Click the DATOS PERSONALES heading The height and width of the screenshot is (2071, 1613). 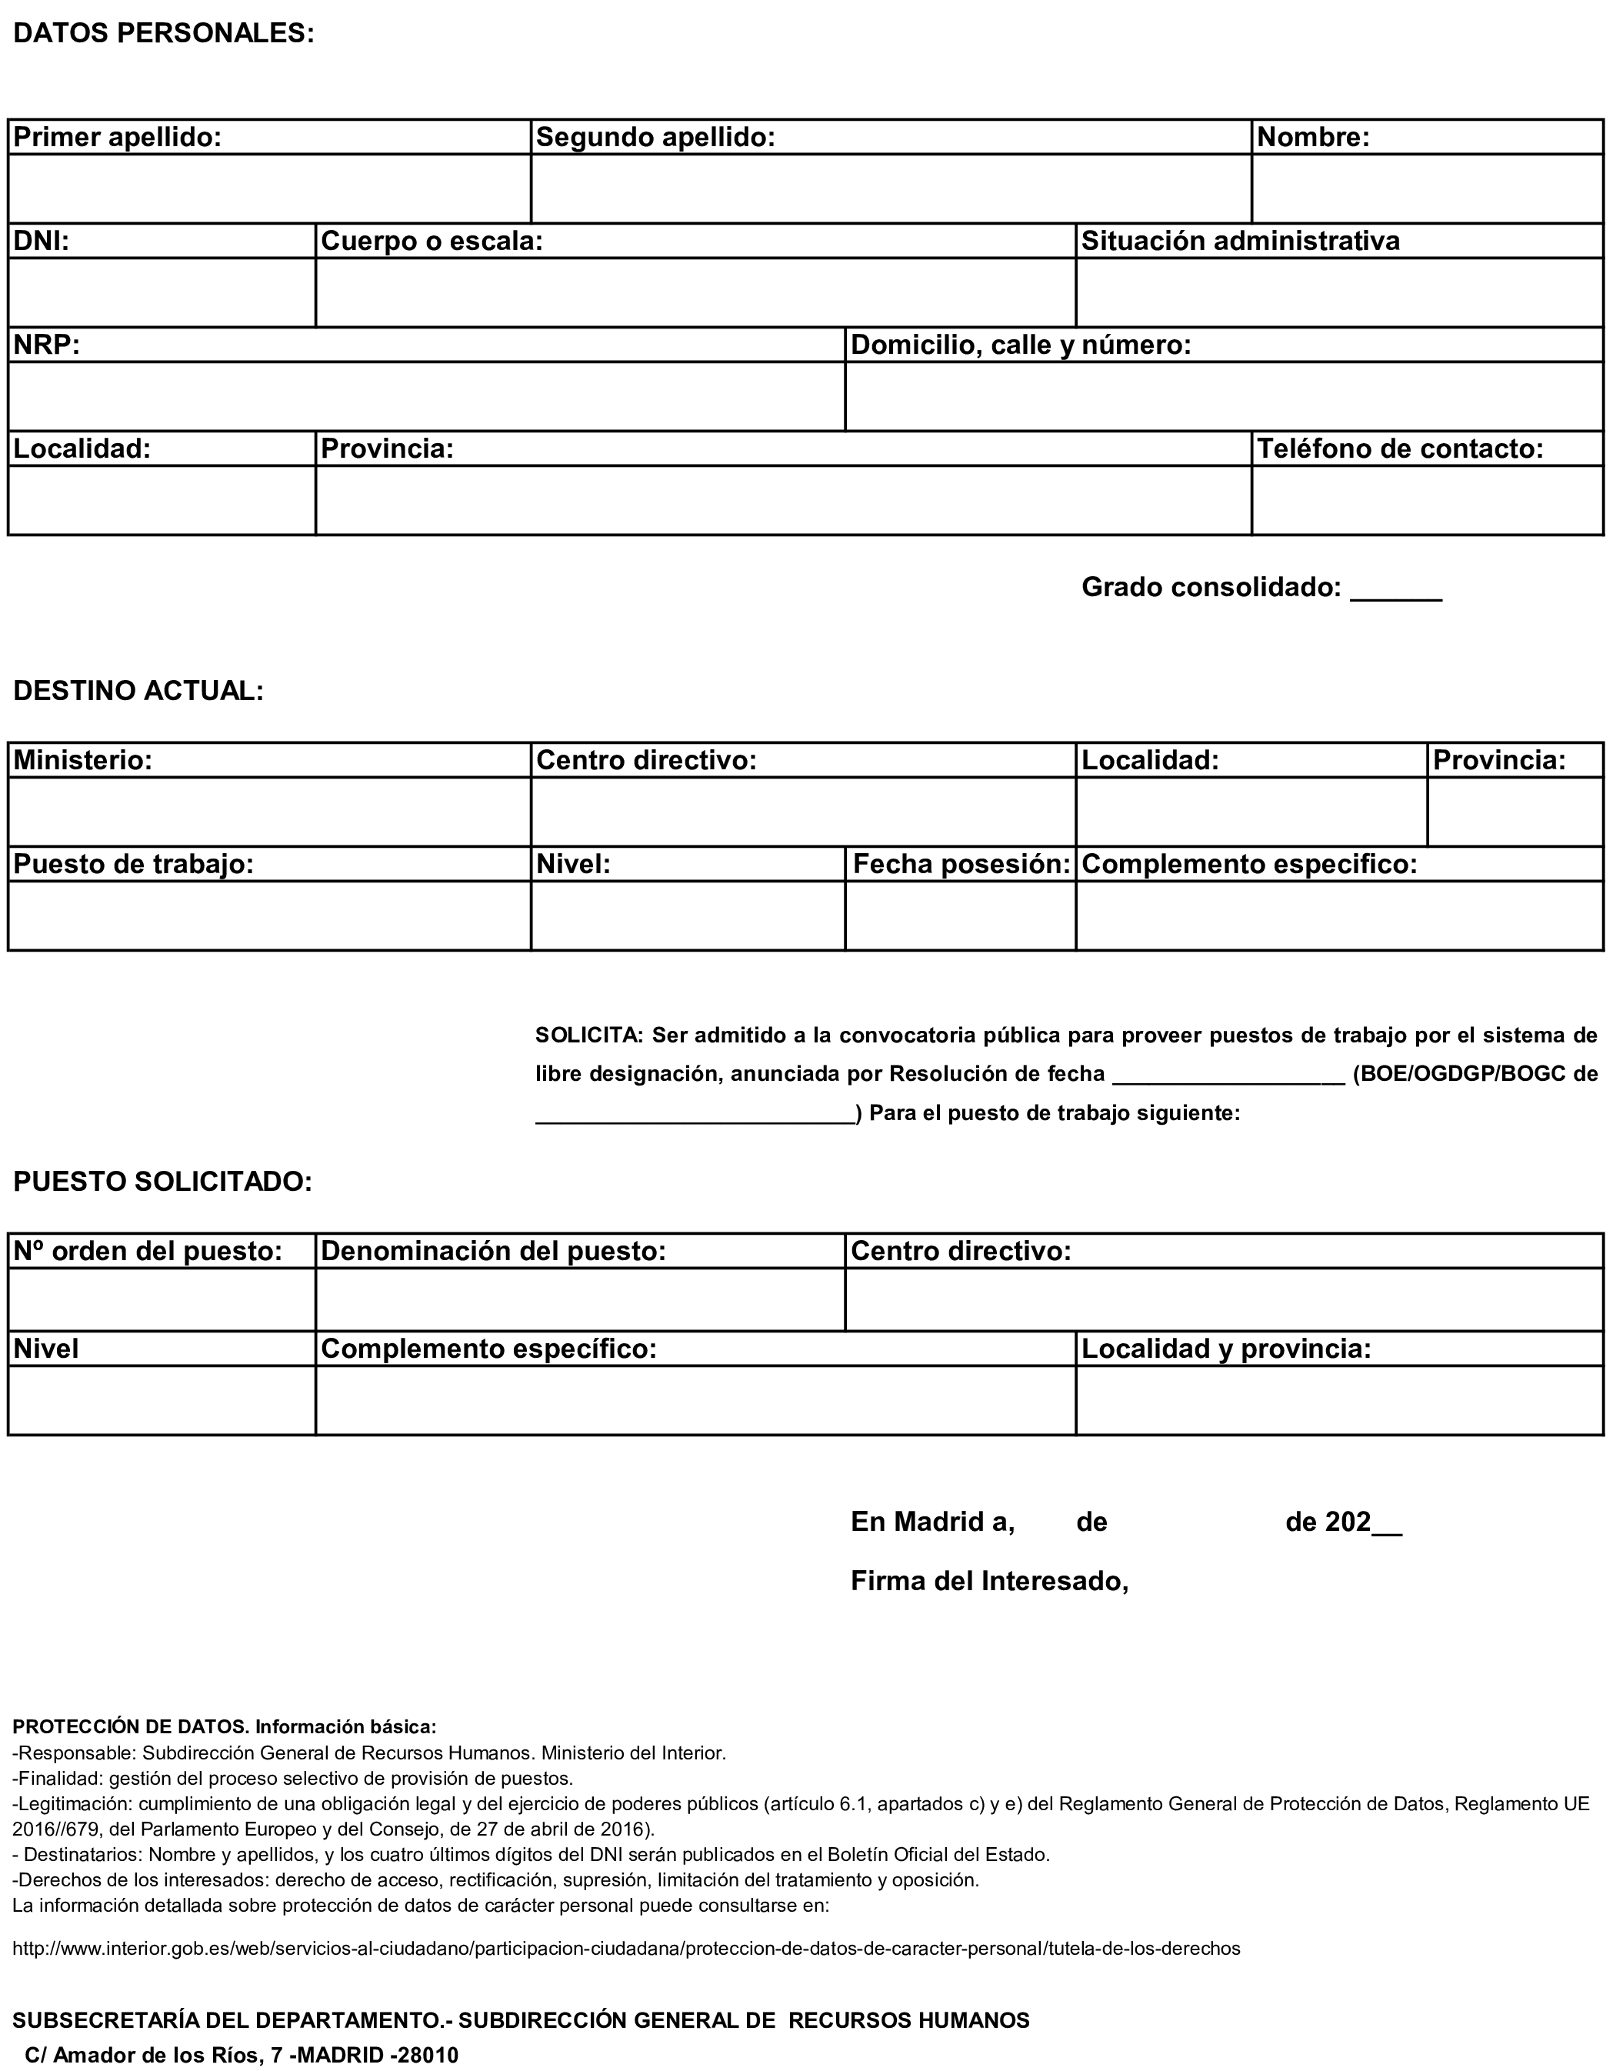tap(163, 33)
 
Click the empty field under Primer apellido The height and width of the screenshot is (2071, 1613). tap(269, 188)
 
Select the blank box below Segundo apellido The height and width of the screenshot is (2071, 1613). tap(891, 188)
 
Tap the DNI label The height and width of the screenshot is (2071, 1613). tap(42, 241)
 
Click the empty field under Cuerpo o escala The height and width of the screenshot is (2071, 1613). tap(695, 292)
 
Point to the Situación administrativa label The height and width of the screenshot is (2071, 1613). tap(1241, 241)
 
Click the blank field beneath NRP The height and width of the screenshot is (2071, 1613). tap(426, 395)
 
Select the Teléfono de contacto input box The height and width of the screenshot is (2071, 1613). tap(1426, 500)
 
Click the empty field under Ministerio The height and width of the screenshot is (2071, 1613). tap(269, 812)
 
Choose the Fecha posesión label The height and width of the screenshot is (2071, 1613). tap(961, 864)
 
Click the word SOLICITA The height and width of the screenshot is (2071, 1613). tap(588, 1035)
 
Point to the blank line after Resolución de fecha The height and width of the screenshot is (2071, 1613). tap(1228, 1076)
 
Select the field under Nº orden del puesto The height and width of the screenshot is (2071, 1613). tap(162, 1299)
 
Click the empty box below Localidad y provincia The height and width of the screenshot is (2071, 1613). tap(1339, 1399)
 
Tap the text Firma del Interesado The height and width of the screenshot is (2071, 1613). tap(989, 1581)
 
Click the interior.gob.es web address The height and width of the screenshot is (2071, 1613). tap(626, 1949)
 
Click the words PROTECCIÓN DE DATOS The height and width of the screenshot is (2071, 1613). tap(131, 1727)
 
